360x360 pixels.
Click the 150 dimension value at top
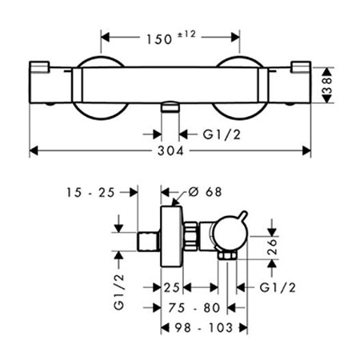click(159, 39)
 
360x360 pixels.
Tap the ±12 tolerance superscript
click(186, 34)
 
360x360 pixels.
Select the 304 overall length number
click(170, 151)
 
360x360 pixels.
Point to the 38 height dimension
click(327, 85)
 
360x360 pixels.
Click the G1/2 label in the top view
click(222, 134)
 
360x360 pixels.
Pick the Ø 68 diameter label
click(205, 192)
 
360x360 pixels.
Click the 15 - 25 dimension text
click(90, 192)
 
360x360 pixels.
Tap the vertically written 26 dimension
click(272, 246)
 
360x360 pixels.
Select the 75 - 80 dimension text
click(194, 308)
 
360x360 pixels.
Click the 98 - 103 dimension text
click(204, 327)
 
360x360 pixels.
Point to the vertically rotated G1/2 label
click(119, 291)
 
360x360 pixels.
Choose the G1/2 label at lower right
click(278, 288)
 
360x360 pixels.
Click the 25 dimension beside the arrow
click(171, 288)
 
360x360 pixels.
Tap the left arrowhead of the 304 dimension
click(33, 150)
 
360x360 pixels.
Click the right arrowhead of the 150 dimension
click(236, 38)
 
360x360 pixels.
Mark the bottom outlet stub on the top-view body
click(170, 107)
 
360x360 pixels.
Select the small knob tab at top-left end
click(39, 66)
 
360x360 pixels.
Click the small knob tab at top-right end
click(302, 66)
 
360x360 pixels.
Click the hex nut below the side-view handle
click(227, 255)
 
